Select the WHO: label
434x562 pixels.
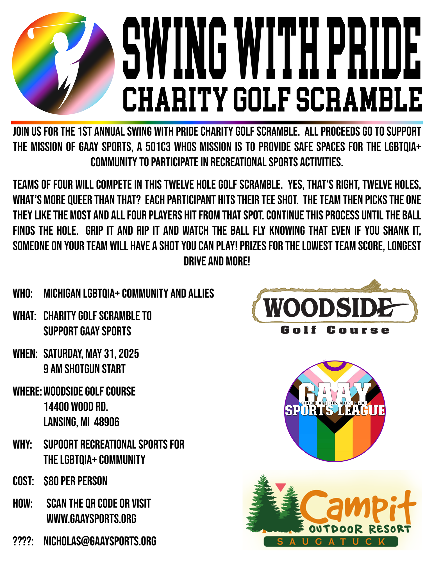pos(23,293)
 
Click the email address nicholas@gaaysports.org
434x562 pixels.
pos(100,541)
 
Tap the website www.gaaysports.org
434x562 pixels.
pos(91,519)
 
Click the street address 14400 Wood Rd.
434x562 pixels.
pos(76,407)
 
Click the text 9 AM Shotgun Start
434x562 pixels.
pos(84,369)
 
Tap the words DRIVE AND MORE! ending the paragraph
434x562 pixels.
pos(217,261)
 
